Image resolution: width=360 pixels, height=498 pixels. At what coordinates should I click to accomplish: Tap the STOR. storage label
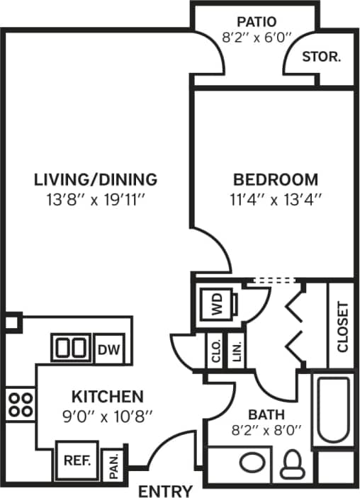(x=322, y=57)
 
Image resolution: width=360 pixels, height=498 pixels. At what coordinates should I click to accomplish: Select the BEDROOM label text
(x=276, y=179)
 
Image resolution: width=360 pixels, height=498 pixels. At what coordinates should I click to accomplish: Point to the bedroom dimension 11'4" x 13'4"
(x=276, y=200)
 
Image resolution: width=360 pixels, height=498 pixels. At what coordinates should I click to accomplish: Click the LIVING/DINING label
(x=96, y=179)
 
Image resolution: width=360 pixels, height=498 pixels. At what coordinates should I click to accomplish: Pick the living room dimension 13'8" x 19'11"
(x=96, y=200)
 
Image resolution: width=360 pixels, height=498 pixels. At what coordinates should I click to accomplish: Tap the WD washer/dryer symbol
(x=217, y=306)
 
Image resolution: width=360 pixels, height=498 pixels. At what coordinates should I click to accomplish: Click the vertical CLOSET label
(x=342, y=327)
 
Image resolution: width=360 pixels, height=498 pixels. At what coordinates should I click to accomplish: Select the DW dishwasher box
(x=108, y=349)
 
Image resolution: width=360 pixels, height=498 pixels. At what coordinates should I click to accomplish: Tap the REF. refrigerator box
(x=77, y=460)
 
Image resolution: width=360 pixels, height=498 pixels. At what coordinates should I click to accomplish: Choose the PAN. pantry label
(x=113, y=466)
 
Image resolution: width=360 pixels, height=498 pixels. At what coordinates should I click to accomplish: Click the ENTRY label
(x=165, y=491)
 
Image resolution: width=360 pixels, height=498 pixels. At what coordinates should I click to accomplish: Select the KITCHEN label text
(x=106, y=397)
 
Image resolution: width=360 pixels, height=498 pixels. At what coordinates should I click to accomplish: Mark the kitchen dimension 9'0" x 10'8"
(x=106, y=417)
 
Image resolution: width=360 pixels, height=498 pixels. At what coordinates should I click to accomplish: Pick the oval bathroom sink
(x=252, y=464)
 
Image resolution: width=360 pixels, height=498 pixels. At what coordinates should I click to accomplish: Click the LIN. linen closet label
(x=235, y=351)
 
